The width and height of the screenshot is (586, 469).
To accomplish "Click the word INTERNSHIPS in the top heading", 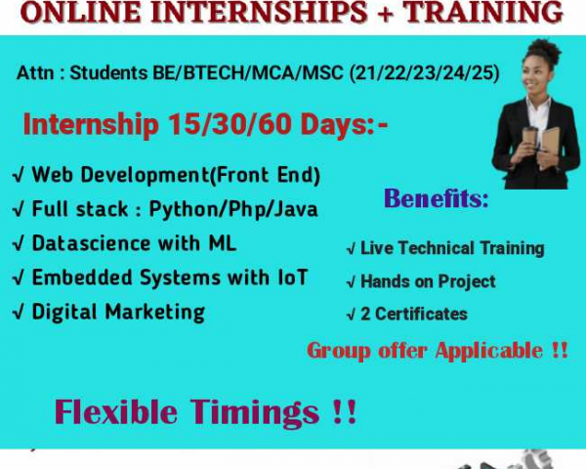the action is point(259,12).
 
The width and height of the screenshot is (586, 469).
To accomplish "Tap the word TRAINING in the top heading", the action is point(482,12).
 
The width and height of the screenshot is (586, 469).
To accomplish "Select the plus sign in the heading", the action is point(386,13).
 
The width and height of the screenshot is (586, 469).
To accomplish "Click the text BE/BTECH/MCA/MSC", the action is point(247,72).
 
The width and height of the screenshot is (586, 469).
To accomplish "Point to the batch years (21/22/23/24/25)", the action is point(425,73).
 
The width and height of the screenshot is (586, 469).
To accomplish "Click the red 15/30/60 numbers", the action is point(230,124).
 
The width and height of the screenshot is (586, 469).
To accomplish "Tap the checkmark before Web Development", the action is point(19,176).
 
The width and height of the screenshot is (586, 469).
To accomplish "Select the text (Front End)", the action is point(265,175).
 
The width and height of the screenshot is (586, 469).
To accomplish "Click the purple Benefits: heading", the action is point(437,198).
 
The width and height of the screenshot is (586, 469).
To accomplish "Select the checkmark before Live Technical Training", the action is point(351,249).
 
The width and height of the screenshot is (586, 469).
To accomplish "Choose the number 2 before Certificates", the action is point(365,315).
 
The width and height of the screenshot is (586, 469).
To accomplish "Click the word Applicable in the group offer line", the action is point(489,352).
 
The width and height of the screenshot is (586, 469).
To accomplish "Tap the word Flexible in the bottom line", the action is point(116,411).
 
